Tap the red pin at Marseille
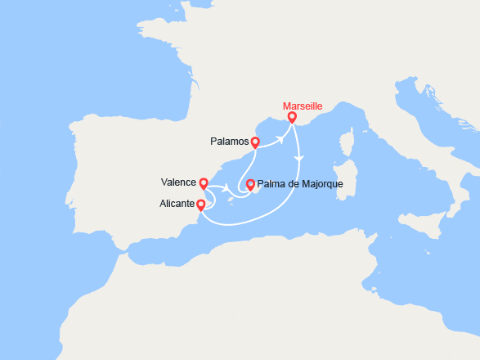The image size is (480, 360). click(x=292, y=119)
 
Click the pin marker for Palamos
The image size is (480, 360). click(x=255, y=143)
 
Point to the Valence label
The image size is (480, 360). click(x=179, y=182)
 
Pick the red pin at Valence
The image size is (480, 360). click(x=204, y=184)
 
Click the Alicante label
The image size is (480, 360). click(x=178, y=203)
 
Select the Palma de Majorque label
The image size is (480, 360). click(x=300, y=182)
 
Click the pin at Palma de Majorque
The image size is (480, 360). click(x=250, y=184)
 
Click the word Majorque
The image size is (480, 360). click(x=323, y=182)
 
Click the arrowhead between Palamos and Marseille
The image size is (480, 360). click(x=280, y=138)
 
